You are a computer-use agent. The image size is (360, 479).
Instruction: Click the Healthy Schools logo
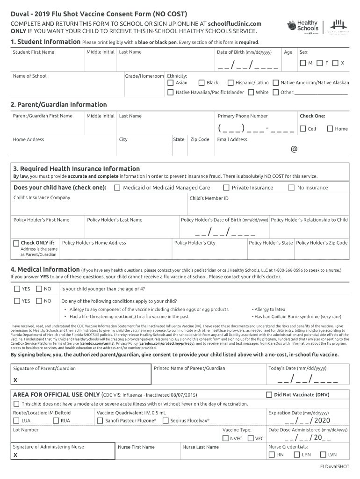click(303, 26)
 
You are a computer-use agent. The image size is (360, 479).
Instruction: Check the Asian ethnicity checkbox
click(171, 83)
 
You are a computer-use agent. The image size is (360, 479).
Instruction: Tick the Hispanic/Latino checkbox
click(230, 83)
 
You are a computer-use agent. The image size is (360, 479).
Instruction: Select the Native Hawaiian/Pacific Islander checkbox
click(171, 92)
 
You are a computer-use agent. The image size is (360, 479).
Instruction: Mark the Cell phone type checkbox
click(303, 129)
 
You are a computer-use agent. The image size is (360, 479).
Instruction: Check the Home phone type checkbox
click(330, 129)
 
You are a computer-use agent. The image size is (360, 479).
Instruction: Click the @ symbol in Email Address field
click(294, 149)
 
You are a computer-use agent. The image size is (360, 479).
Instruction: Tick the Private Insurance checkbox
click(226, 188)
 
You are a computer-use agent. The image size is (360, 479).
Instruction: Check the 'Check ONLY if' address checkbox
click(16, 243)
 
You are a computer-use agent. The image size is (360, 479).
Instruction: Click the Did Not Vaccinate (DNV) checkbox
click(269, 395)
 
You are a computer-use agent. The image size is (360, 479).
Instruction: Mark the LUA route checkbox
click(16, 421)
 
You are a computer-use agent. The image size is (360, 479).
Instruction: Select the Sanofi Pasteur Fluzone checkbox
click(100, 421)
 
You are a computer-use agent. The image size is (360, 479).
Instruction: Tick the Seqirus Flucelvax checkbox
click(166, 421)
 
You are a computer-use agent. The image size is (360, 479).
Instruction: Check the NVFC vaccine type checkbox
click(225, 438)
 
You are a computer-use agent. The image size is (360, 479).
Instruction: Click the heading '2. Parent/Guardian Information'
click(59, 104)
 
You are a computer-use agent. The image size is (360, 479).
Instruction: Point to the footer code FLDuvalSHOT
click(334, 467)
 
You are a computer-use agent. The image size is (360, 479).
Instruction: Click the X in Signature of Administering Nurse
click(15, 455)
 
